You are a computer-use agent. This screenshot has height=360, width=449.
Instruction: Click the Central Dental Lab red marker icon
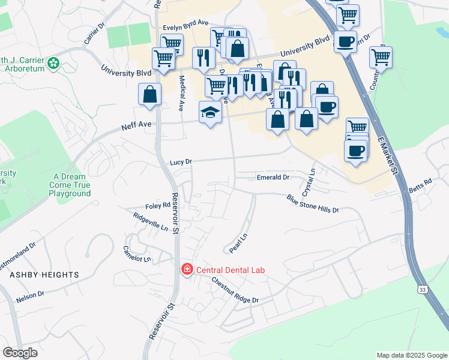coord(187,269)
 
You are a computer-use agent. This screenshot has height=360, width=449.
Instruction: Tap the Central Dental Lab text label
coord(231,270)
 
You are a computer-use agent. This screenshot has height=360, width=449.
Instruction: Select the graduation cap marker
coord(210,112)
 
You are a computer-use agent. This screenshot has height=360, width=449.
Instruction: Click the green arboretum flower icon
coord(54,62)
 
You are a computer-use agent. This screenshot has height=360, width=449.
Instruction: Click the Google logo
coord(20,353)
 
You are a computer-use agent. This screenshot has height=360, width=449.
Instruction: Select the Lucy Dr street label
coord(181,162)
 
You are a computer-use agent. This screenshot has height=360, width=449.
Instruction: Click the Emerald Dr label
coord(273,178)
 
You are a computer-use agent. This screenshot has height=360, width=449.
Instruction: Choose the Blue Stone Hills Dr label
coord(313,203)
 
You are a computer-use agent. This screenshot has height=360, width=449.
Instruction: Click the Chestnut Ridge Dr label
coord(234,291)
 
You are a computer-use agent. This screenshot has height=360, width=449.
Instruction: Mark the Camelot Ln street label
coord(137,254)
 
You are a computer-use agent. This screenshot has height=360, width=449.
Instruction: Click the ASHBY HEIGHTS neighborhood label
coord(44,275)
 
